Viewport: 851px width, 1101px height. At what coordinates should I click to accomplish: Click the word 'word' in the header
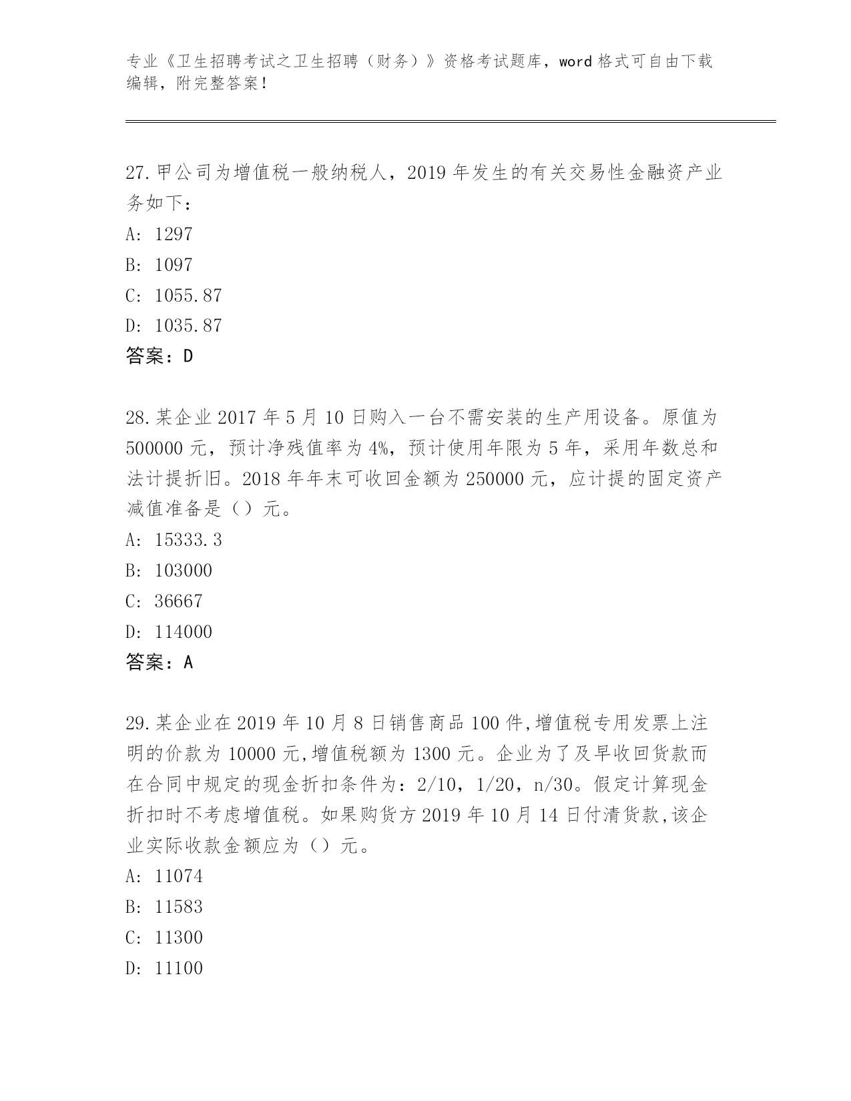(575, 61)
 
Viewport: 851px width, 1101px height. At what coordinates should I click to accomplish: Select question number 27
(137, 173)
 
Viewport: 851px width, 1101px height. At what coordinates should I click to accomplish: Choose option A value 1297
(173, 234)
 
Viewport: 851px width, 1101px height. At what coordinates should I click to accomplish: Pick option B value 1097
(173, 265)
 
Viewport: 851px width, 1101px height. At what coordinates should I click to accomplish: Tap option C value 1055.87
(188, 296)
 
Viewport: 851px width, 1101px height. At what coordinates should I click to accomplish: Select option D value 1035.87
(188, 326)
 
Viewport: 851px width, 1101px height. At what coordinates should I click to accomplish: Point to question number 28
(137, 418)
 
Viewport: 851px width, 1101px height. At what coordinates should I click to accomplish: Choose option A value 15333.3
(188, 540)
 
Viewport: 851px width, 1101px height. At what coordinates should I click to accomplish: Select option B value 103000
(183, 571)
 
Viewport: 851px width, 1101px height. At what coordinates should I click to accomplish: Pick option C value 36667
(178, 601)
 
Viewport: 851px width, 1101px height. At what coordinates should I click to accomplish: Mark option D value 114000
(183, 632)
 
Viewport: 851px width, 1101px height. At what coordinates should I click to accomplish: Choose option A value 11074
(178, 876)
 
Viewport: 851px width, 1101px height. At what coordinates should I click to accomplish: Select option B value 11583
(178, 907)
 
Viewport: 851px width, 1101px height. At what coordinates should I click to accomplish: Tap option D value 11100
(178, 968)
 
